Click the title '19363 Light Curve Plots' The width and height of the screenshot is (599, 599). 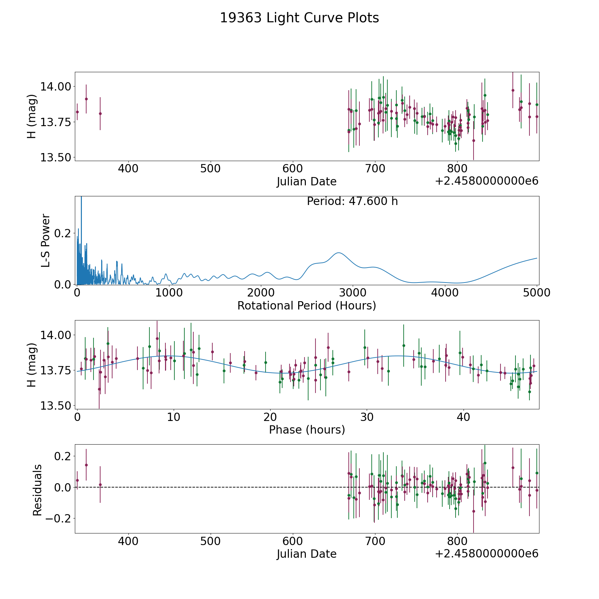coord(299,18)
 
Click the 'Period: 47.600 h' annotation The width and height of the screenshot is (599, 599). coord(352,201)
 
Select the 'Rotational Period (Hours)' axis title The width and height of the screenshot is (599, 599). coord(306,305)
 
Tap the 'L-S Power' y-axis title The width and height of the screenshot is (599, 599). coord(46,240)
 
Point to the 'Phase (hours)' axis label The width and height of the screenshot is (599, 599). coord(306,430)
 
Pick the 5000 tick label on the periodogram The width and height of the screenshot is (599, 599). coord(536,293)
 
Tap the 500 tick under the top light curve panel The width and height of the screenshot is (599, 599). coord(211,169)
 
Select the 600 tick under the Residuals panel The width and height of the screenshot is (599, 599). coord(293,541)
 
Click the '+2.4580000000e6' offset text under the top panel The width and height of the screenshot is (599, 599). coord(487,181)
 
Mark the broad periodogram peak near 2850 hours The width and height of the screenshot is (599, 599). coord(338,253)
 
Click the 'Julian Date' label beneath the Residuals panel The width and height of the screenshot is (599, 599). coord(306,554)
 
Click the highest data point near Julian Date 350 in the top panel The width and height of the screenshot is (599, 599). coord(86,99)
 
